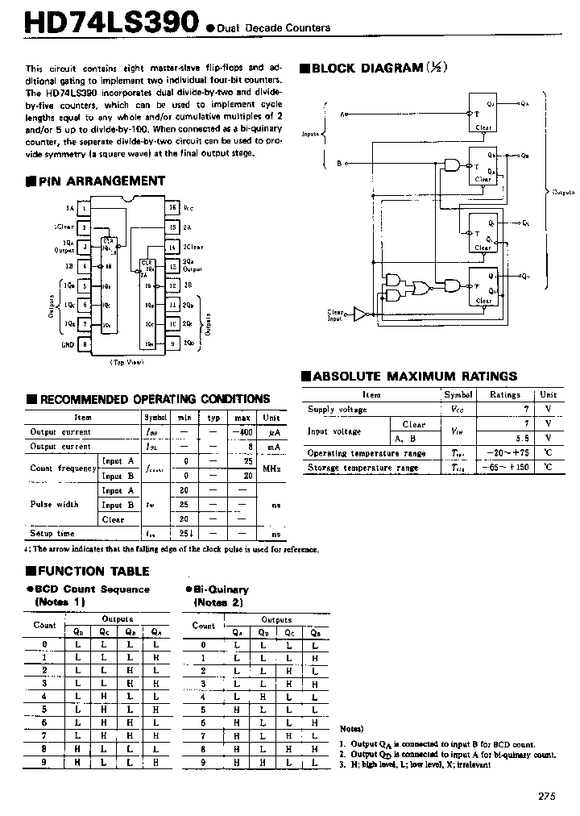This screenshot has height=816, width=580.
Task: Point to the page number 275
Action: pyautogui.click(x=547, y=796)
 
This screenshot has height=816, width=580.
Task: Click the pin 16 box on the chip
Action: pyautogui.click(x=172, y=207)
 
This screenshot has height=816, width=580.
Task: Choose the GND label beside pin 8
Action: pyautogui.click(x=68, y=344)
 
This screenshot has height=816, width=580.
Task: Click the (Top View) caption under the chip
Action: pyautogui.click(x=126, y=363)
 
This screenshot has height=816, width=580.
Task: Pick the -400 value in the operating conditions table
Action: pyautogui.click(x=242, y=432)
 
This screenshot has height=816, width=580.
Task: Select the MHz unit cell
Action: pyautogui.click(x=271, y=468)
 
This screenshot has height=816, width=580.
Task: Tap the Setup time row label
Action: pyautogui.click(x=52, y=534)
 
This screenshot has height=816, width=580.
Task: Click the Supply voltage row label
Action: pyautogui.click(x=337, y=410)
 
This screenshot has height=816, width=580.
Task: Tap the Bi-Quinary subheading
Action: pyautogui.click(x=221, y=589)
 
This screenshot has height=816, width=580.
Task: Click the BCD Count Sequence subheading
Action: pyautogui.click(x=90, y=589)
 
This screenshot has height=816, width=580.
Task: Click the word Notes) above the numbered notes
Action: pyautogui.click(x=351, y=728)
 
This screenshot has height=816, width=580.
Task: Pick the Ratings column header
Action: pyautogui.click(x=505, y=395)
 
